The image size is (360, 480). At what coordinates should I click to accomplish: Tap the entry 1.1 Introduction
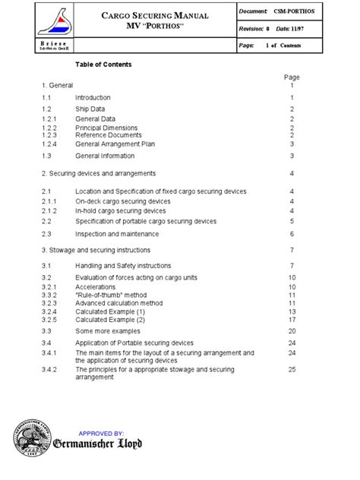click(93, 98)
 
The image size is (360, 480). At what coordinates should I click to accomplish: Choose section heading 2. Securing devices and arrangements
click(99, 173)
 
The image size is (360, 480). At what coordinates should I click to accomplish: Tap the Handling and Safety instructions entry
click(123, 266)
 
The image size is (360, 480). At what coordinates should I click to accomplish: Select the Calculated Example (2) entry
click(109, 319)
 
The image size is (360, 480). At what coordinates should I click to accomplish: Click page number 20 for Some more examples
click(292, 331)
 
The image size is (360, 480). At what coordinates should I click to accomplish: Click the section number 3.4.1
click(50, 353)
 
